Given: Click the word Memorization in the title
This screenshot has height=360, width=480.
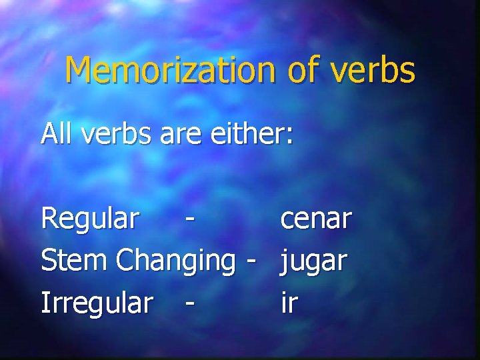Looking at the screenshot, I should pyautogui.click(x=170, y=70).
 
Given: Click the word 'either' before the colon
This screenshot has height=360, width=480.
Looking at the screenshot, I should pyautogui.click(x=247, y=134).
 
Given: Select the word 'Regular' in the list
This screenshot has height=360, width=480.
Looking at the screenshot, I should pyautogui.click(x=90, y=218).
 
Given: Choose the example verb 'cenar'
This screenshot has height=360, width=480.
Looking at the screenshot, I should pyautogui.click(x=316, y=219).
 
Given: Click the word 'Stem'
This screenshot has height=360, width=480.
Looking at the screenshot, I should pyautogui.click(x=75, y=261).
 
